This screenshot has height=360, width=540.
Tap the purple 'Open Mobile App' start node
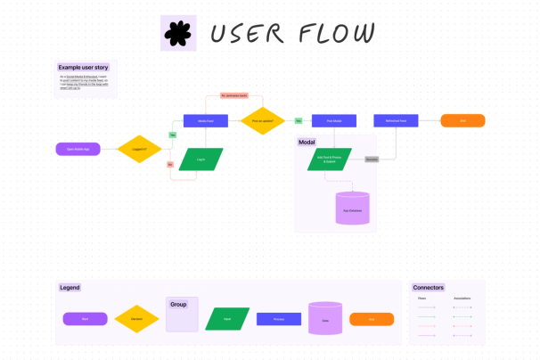[78, 148]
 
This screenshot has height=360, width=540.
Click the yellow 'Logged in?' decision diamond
[138, 148]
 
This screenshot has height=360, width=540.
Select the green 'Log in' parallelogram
[200, 159]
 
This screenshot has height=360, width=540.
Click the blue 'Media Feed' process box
[206, 120]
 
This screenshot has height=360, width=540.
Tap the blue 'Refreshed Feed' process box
[396, 120]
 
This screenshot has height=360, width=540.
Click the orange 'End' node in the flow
[462, 120]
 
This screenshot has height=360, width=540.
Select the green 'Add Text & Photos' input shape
[331, 159]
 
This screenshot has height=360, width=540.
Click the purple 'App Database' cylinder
[352, 209]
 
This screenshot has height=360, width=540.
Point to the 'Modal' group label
[307, 142]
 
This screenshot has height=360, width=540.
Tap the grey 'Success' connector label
[372, 159]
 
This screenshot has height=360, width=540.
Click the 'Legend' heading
[70, 287]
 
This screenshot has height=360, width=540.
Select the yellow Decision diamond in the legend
[137, 318]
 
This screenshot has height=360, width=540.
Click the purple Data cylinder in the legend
[325, 318]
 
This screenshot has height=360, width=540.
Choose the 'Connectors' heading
[428, 287]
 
